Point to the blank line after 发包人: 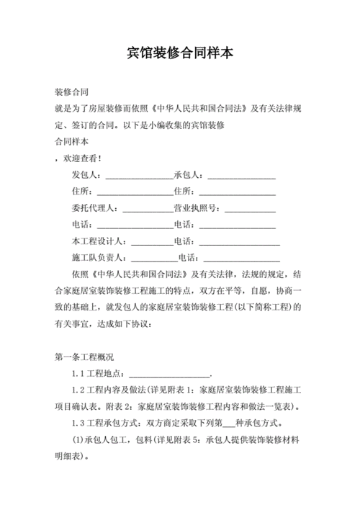pos(138,176)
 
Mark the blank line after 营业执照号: pos(248,210)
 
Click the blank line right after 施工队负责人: pos(155,259)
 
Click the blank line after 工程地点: pos(170,375)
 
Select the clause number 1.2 pos(78,390)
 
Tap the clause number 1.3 pos(78,423)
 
